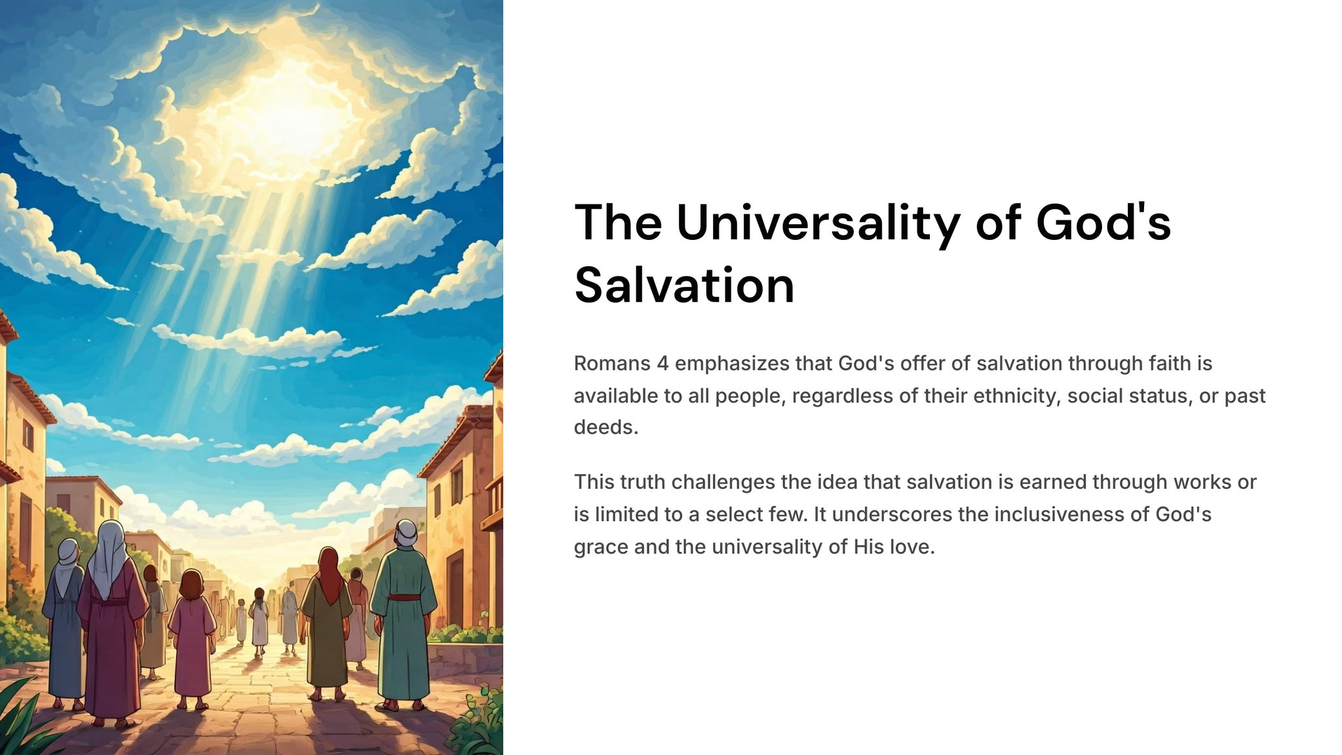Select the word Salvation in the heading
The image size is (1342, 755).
click(x=684, y=285)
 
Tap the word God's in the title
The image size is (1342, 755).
click(x=1103, y=223)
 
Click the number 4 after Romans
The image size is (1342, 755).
click(x=662, y=363)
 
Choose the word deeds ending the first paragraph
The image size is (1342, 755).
click(x=606, y=427)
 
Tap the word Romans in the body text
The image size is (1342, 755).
click(x=612, y=363)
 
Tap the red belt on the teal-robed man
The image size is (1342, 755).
click(x=404, y=597)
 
